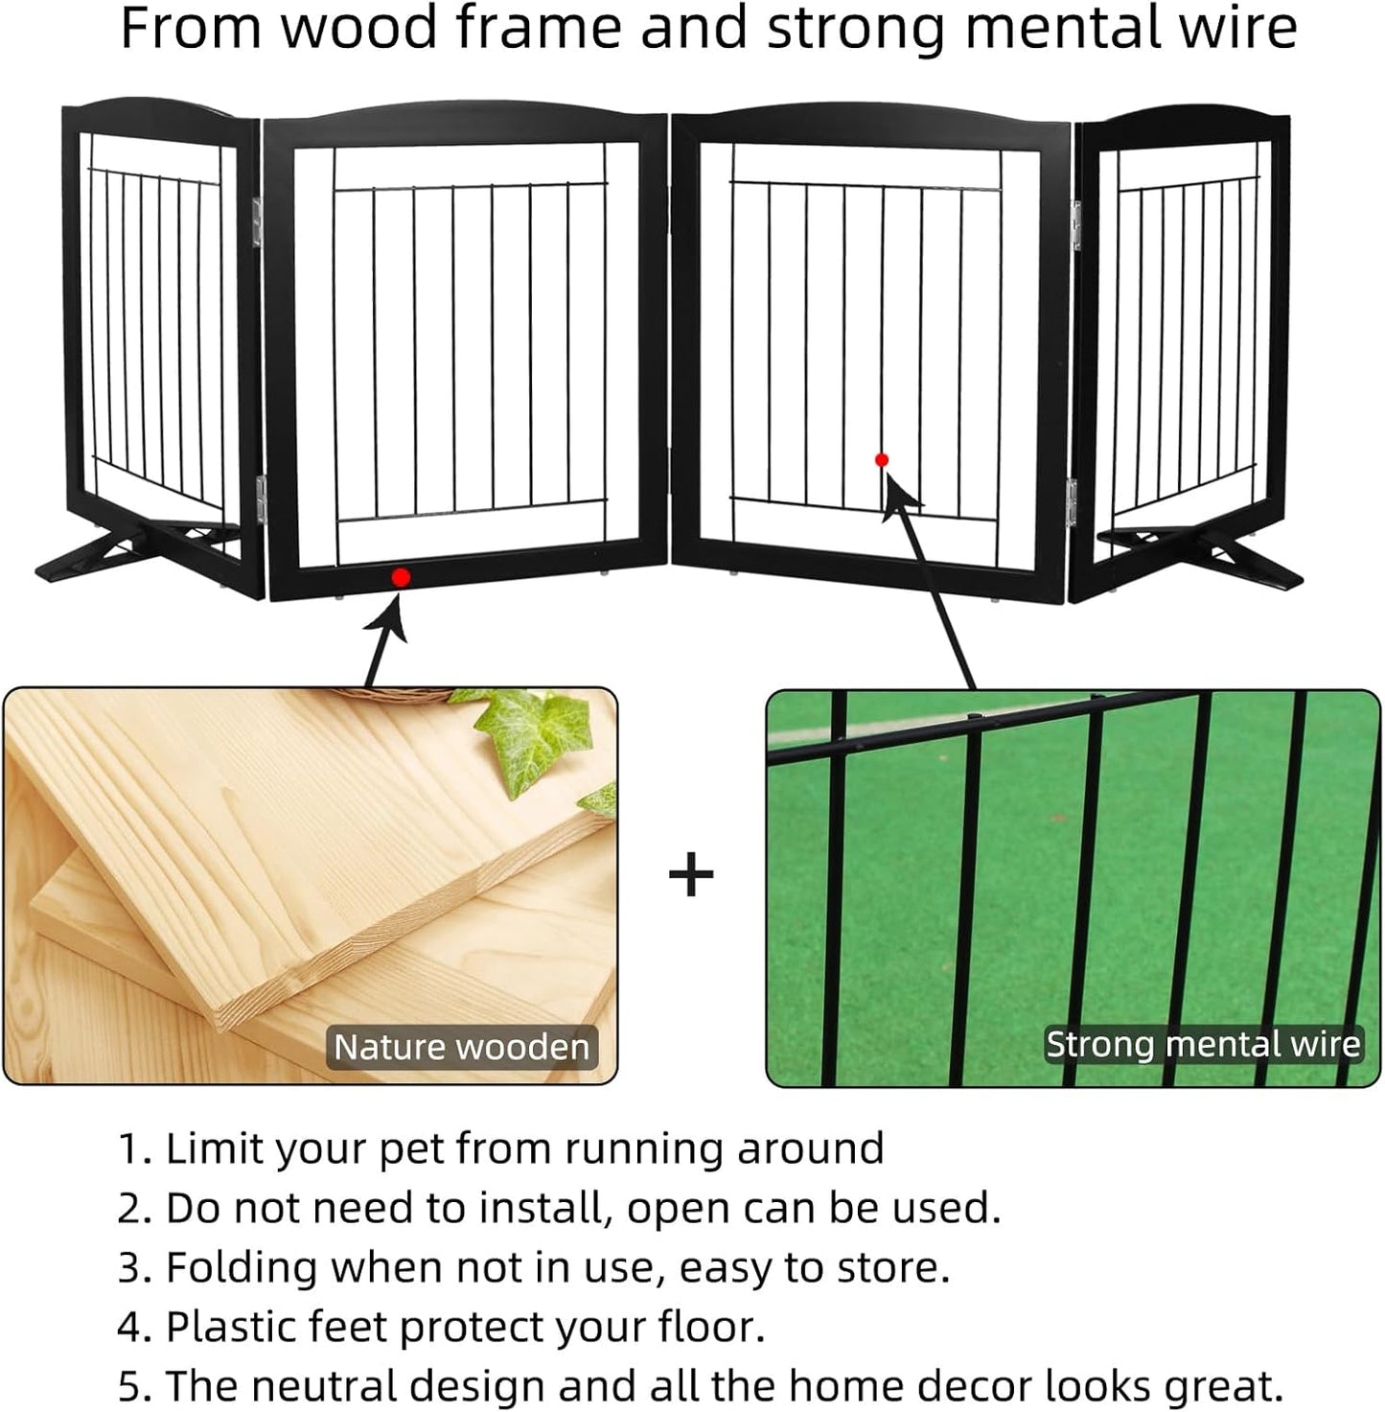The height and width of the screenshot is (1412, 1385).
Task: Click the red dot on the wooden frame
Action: click(x=401, y=577)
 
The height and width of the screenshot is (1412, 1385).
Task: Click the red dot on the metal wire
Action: click(x=882, y=460)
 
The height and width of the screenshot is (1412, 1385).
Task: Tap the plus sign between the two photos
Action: click(x=691, y=875)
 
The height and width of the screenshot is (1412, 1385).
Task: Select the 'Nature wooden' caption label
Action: click(x=461, y=1047)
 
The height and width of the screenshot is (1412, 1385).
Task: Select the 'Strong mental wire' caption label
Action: click(x=1203, y=1044)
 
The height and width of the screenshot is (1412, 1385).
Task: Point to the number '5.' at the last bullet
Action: click(x=133, y=1387)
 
